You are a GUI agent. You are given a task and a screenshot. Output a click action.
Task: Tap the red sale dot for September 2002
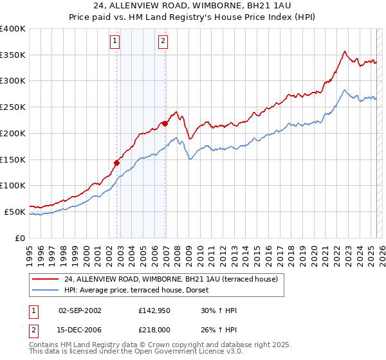click(x=117, y=163)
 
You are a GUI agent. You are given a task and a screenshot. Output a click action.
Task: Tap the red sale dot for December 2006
click(x=165, y=123)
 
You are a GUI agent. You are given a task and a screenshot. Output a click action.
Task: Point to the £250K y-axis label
click(x=13, y=107)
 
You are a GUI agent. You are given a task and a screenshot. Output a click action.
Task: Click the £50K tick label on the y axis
click(x=15, y=212)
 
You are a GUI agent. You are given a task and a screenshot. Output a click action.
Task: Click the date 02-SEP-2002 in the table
click(x=80, y=310)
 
